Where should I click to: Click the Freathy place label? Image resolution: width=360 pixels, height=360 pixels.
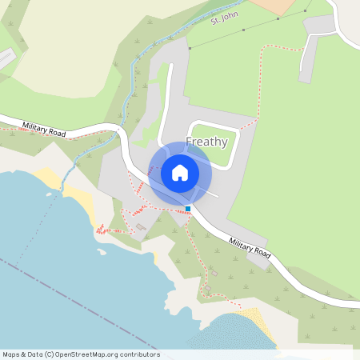point(206,142)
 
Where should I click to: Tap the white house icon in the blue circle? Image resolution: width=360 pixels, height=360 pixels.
point(180,173)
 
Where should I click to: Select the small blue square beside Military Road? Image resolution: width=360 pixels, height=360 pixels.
point(188,209)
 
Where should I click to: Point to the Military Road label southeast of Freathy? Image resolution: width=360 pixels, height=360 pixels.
point(250,247)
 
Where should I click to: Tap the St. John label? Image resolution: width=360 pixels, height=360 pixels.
point(225,17)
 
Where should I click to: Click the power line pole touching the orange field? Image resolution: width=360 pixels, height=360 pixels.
point(306,10)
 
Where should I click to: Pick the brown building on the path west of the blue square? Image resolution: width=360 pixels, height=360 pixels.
point(141,227)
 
